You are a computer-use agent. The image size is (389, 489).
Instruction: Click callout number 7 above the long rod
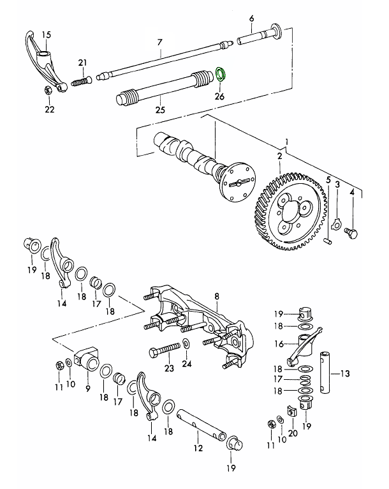tap(161, 43)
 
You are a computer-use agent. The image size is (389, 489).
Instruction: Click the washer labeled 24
tap(185, 345)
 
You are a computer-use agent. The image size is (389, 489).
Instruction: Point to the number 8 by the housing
tap(216, 296)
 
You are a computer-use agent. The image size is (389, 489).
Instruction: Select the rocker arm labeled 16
tap(298, 348)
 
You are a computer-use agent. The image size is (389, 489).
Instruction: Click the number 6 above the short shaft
tap(252, 19)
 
